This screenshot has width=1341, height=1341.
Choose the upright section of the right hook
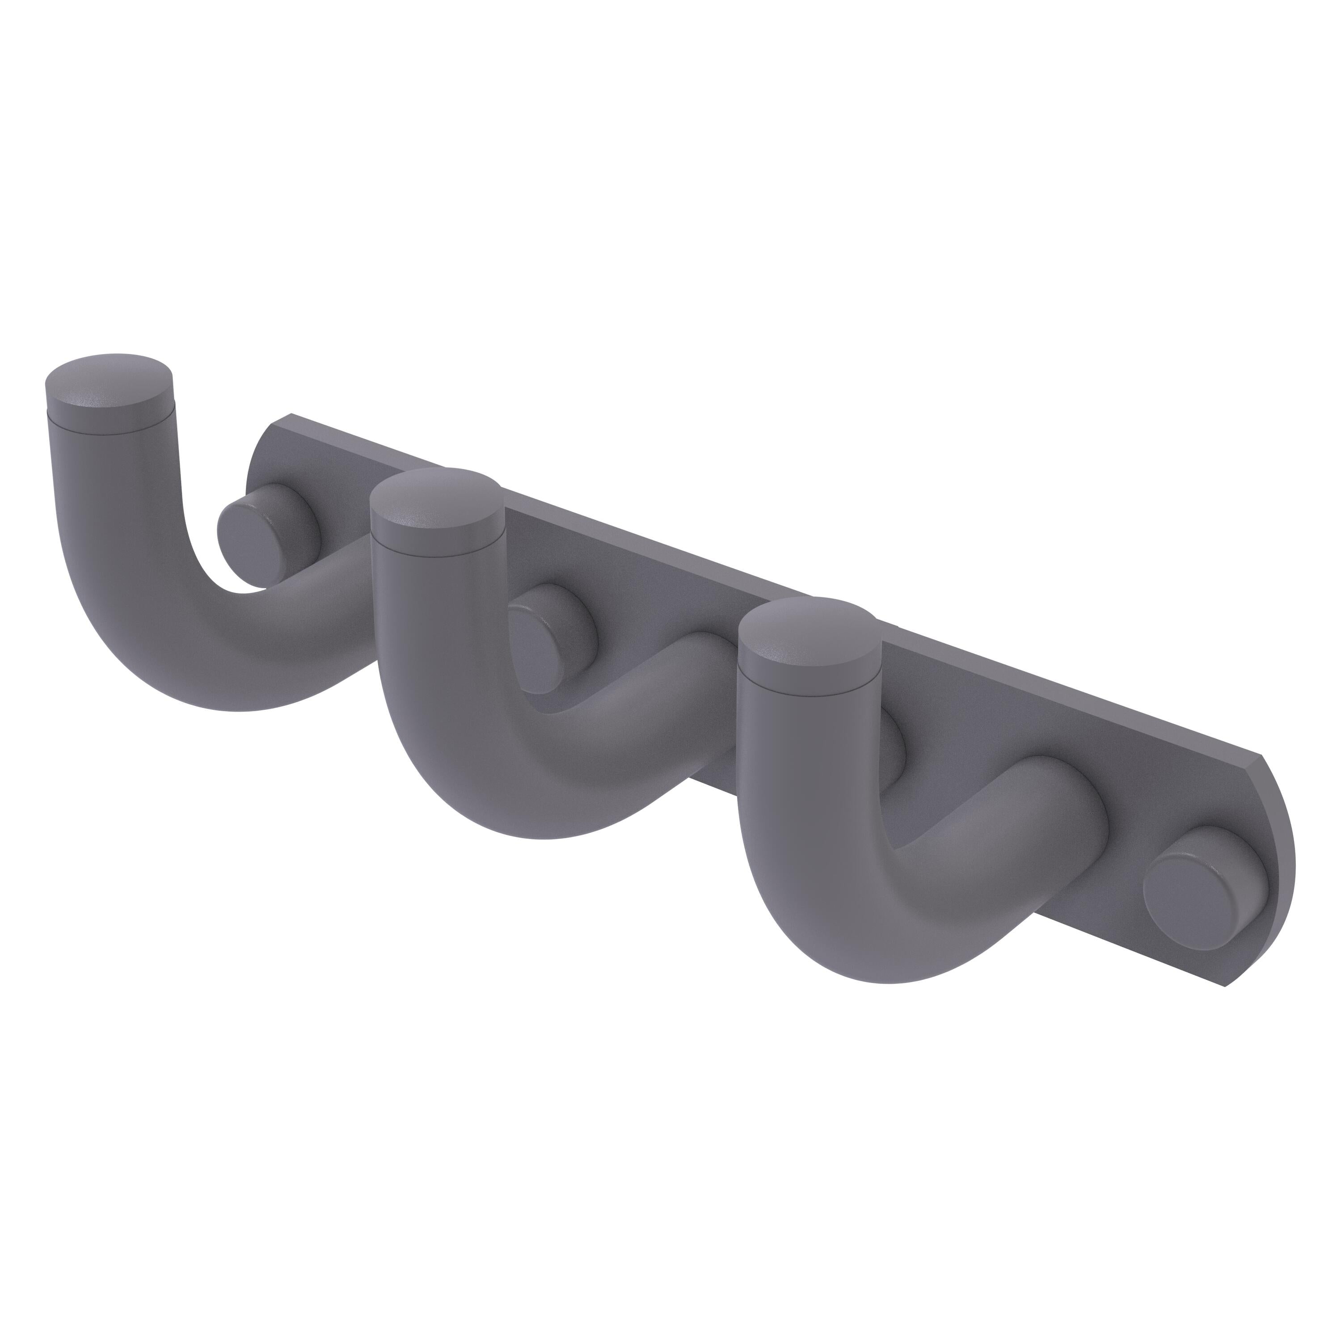pos(812,736)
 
